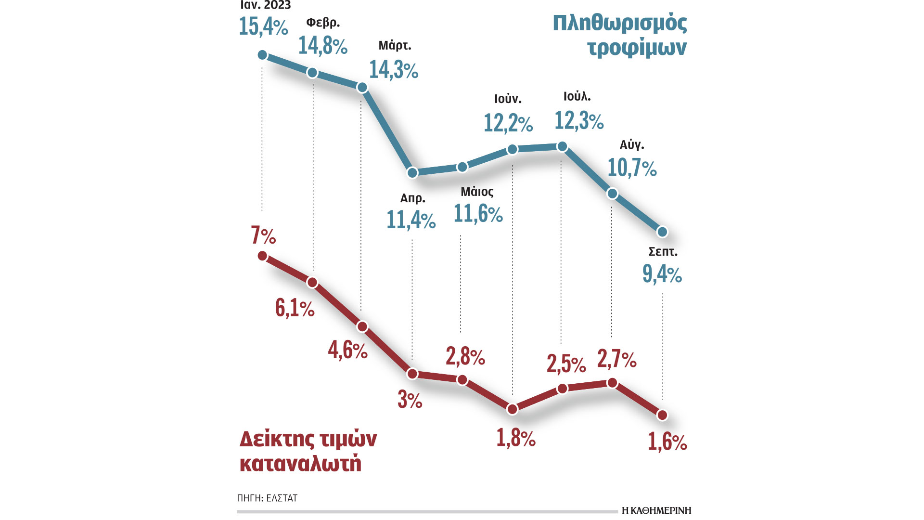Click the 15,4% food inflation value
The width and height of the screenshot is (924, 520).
click(263, 26)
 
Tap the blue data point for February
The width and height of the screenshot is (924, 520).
click(312, 73)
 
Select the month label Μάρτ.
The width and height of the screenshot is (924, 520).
click(395, 46)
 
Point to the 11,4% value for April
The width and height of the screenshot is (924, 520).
click(411, 220)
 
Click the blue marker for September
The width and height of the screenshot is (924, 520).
click(662, 232)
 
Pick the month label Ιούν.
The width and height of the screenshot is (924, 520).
click(508, 99)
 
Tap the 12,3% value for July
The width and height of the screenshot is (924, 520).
click(579, 120)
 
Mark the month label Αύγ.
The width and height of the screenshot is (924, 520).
click(632, 144)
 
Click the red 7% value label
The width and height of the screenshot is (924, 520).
click(263, 236)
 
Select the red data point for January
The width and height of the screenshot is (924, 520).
click(263, 256)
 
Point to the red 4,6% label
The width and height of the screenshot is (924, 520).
click(347, 350)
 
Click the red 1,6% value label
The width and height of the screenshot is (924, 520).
click(667, 442)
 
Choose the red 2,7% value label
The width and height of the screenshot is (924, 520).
click(616, 359)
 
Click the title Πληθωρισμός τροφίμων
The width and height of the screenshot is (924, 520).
click(620, 36)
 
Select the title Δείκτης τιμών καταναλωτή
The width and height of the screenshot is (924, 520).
click(308, 451)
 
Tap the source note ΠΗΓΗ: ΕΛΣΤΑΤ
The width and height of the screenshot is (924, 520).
click(267, 498)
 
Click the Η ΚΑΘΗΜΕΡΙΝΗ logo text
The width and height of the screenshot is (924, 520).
click(656, 510)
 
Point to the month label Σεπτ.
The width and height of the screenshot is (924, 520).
click(663, 252)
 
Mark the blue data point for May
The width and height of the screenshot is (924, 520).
click(462, 167)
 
